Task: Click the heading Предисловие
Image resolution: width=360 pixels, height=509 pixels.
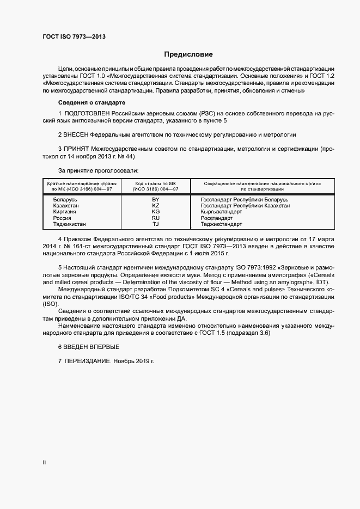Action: [188, 54]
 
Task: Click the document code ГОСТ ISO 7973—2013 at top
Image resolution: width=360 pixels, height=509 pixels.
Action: [74, 36]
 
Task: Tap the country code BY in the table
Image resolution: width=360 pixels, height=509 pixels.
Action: [155, 200]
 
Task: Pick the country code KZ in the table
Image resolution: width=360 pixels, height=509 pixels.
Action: [155, 206]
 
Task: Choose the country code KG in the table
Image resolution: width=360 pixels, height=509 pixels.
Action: [155, 212]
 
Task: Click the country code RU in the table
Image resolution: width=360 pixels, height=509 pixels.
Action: [155, 218]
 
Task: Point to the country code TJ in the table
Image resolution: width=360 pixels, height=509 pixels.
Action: [155, 224]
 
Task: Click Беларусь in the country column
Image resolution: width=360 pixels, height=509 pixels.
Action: [65, 200]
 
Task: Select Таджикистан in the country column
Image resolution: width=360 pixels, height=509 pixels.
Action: [69, 224]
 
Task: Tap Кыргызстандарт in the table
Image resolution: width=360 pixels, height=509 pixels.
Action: [221, 212]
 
